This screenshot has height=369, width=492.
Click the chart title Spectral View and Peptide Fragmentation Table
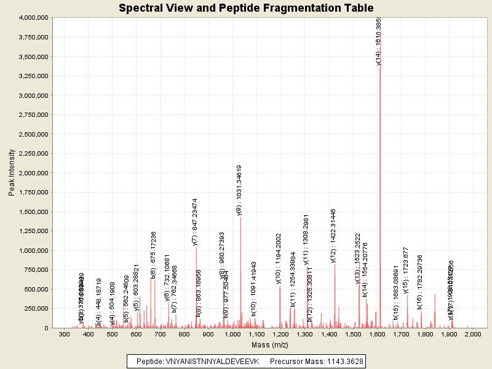click(246, 8)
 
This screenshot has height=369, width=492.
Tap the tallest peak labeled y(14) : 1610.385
click(379, 184)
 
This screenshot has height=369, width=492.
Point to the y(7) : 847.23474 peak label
click(195, 222)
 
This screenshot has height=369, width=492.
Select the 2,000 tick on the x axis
click(472, 334)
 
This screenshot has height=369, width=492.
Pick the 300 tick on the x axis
click(64, 334)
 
